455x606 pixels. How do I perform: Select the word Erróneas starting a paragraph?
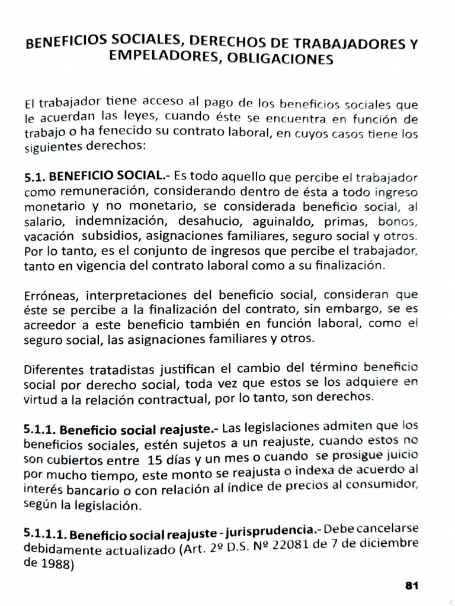49,296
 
